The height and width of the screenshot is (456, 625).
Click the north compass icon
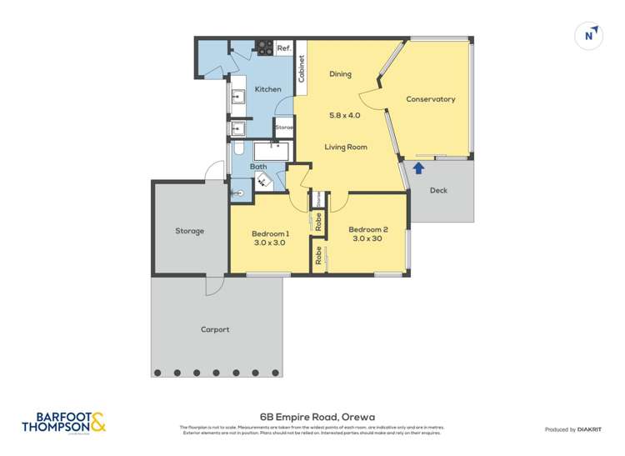590,36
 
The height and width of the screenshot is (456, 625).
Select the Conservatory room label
430,99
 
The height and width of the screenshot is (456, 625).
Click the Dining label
340,74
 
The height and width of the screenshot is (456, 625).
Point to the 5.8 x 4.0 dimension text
346,115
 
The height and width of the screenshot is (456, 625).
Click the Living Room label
346,148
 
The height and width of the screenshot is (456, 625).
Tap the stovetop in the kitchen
265,48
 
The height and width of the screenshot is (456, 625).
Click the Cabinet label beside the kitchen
301,68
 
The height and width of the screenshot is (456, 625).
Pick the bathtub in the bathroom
271,151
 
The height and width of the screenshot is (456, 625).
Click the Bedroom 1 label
270,233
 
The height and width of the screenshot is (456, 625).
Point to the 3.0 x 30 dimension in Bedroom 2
367,239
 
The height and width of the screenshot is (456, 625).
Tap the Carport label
215,329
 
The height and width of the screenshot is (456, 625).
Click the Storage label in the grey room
189,231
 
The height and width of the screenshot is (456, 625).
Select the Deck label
438,191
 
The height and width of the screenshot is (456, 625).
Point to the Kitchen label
267,89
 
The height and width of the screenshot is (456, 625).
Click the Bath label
258,167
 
